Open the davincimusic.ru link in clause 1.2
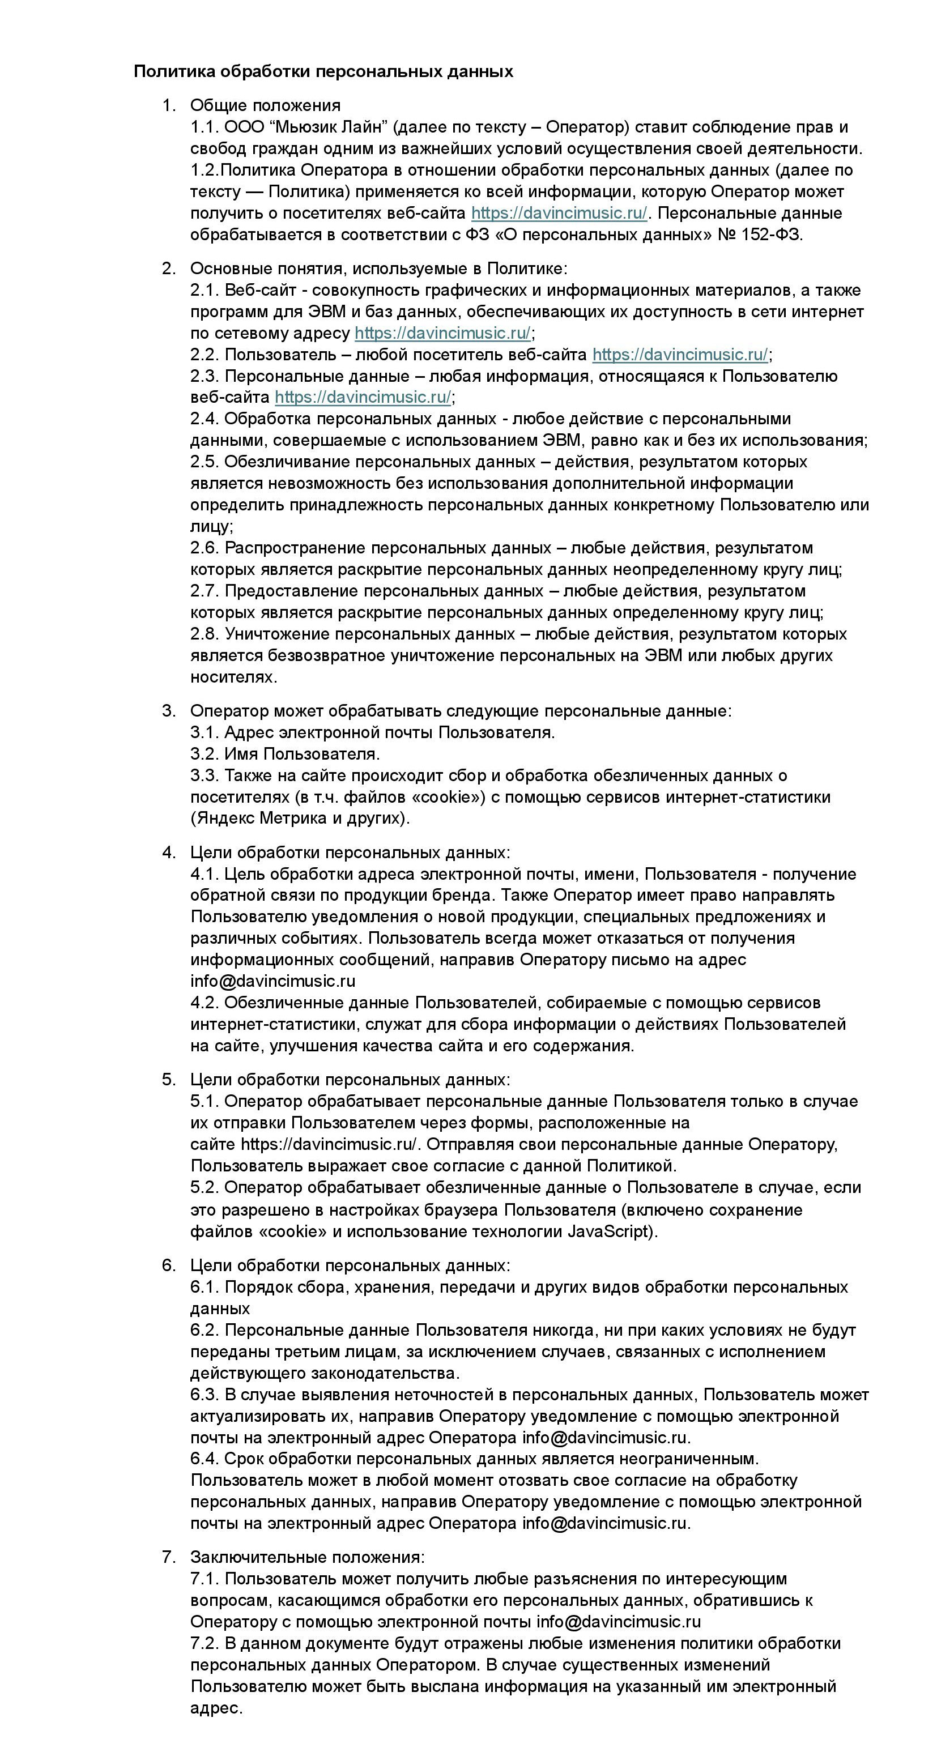pos(559,212)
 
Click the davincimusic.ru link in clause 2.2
pos(680,355)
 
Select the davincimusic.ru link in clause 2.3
pos(362,397)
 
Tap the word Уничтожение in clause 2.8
pos(278,633)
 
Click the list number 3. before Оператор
pos(168,710)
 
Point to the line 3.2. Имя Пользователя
pos(285,753)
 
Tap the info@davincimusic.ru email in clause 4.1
pos(273,981)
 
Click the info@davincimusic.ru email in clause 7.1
pos(619,1621)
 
